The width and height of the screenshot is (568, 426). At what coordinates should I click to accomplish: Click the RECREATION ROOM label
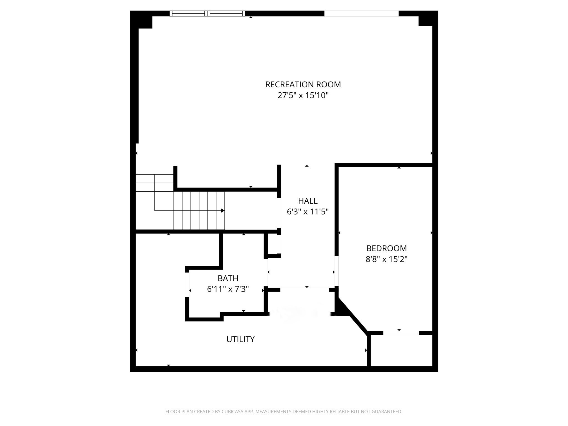(303, 85)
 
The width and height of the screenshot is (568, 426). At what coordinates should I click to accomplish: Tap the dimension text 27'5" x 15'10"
(303, 96)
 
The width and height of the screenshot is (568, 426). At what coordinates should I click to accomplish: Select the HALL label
(308, 201)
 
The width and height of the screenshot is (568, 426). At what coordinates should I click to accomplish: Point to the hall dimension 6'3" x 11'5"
(308, 212)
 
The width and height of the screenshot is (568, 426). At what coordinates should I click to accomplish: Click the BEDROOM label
(386, 248)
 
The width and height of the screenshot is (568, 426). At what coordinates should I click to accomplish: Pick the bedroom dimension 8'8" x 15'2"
(386, 259)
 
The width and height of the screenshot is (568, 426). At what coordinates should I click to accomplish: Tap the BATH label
(228, 278)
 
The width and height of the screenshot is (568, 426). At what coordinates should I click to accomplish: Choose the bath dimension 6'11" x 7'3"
(228, 289)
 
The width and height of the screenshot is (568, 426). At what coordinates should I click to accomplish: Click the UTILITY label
(240, 339)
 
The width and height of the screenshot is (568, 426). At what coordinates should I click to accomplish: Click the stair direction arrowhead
(222, 211)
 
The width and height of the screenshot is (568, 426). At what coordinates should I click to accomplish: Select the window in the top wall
(207, 13)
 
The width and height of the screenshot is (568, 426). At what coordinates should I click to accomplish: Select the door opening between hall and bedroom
(336, 271)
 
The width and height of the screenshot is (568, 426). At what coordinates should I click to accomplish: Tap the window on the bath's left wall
(187, 285)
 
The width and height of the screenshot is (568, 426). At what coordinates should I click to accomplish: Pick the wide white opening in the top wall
(361, 13)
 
